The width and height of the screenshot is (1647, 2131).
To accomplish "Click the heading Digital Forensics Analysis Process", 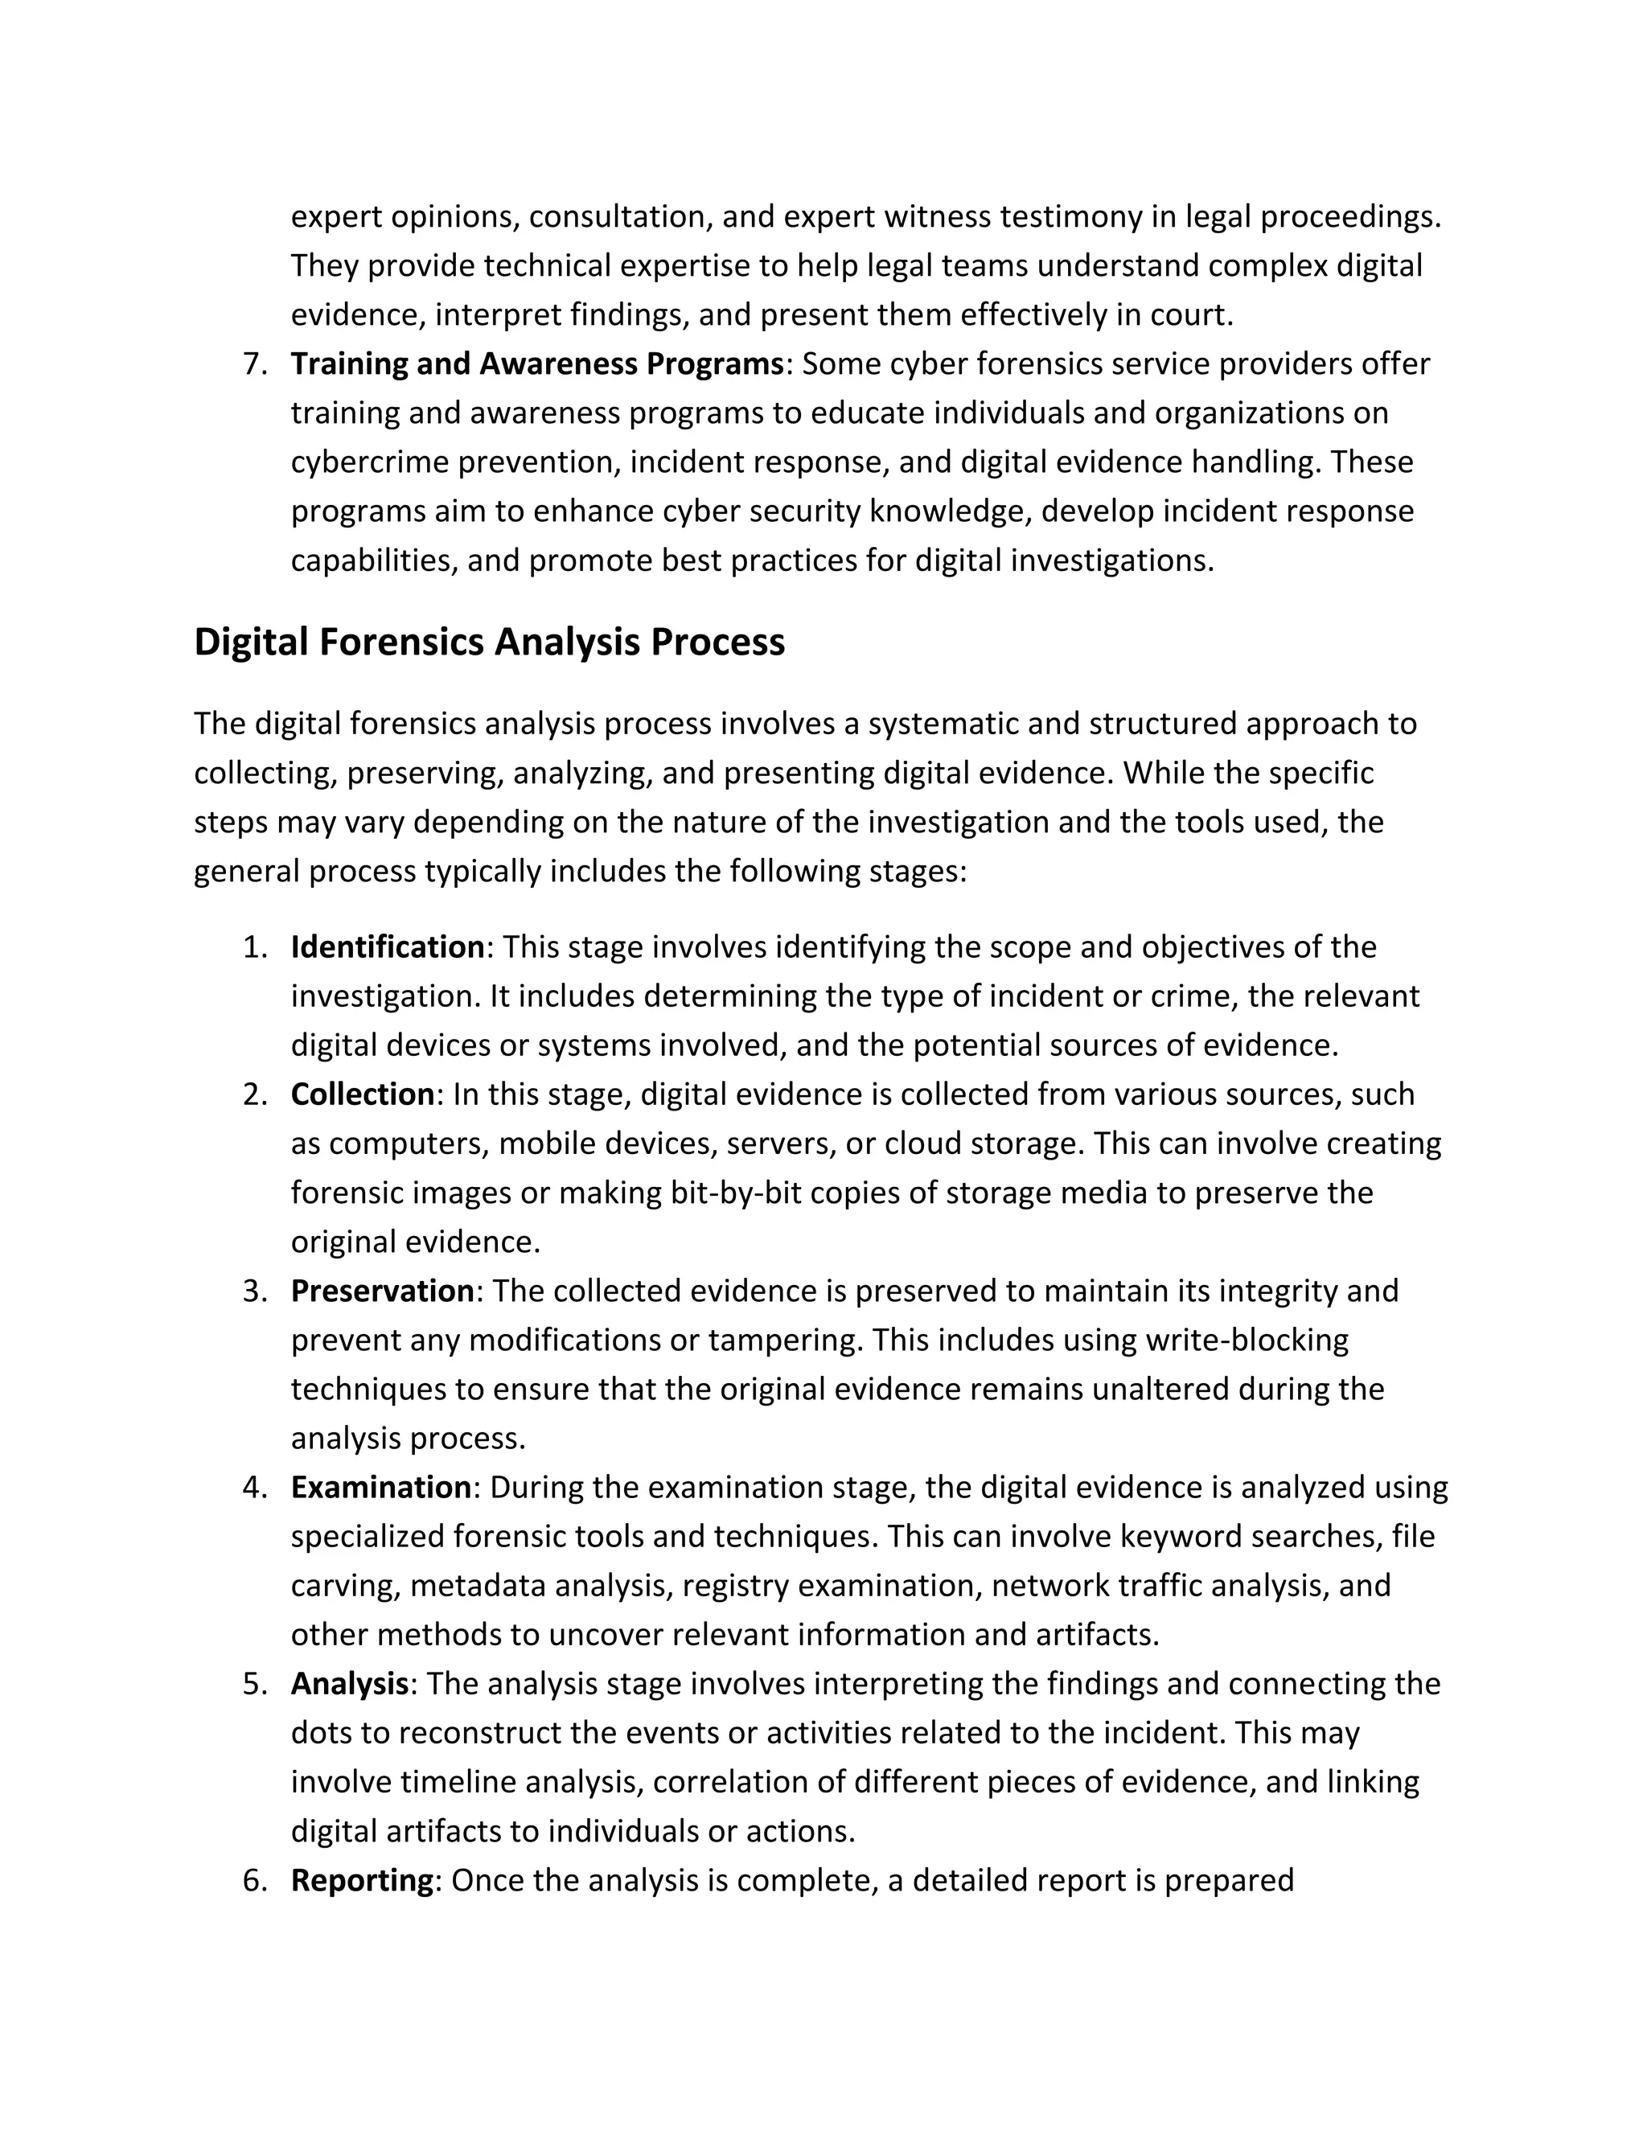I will tap(489, 642).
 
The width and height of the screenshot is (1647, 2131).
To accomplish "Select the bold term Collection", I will tap(362, 1094).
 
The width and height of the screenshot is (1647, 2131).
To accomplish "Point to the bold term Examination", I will tap(380, 1487).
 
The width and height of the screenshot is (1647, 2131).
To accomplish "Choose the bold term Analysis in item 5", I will tap(349, 1683).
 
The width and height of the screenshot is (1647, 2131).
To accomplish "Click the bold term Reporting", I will tap(362, 1879).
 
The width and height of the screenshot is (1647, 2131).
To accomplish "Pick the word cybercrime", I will tap(370, 462).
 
